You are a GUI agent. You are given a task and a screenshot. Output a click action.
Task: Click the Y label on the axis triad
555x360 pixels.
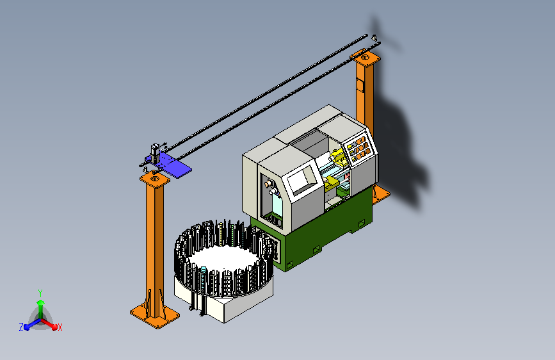click(40, 293)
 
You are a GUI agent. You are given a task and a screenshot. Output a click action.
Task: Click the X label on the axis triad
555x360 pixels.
click(60, 327)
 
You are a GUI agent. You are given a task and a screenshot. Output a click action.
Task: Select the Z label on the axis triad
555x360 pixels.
click(21, 327)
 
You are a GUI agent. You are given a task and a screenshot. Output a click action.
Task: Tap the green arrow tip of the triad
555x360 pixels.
click(40, 302)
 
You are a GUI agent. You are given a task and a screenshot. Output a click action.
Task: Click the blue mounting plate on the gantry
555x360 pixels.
click(170, 164)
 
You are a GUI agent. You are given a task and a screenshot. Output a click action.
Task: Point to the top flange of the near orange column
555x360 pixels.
click(155, 178)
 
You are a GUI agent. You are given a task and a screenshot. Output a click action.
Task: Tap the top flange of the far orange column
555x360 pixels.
click(366, 57)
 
